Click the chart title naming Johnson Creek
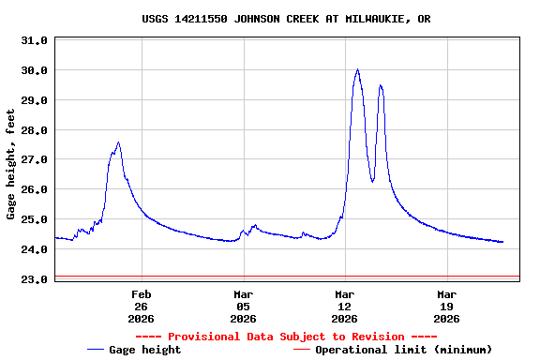pyautogui.click(x=286, y=19)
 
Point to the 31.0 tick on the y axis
pyautogui.click(x=34, y=40)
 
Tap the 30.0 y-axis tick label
pyautogui.click(x=34, y=70)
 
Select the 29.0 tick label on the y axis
pyautogui.click(x=34, y=100)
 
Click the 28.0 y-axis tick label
pyautogui.click(x=34, y=130)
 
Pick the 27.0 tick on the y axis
pyautogui.click(x=34, y=160)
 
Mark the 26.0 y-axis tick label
pyautogui.click(x=34, y=190)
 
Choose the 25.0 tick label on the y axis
pyautogui.click(x=34, y=220)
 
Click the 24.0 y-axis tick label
pyautogui.click(x=34, y=250)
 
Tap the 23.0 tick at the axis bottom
pyautogui.click(x=34, y=280)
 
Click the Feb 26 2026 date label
pyautogui.click(x=142, y=307)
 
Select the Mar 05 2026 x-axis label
pyautogui.click(x=243, y=307)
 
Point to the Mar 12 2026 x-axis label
pyautogui.click(x=345, y=307)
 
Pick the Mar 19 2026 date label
pyautogui.click(x=446, y=307)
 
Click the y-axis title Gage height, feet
pyautogui.click(x=11, y=164)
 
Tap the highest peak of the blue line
pyautogui.click(x=357, y=69)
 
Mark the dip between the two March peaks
pyautogui.click(x=372, y=181)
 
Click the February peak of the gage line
pyautogui.click(x=118, y=142)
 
